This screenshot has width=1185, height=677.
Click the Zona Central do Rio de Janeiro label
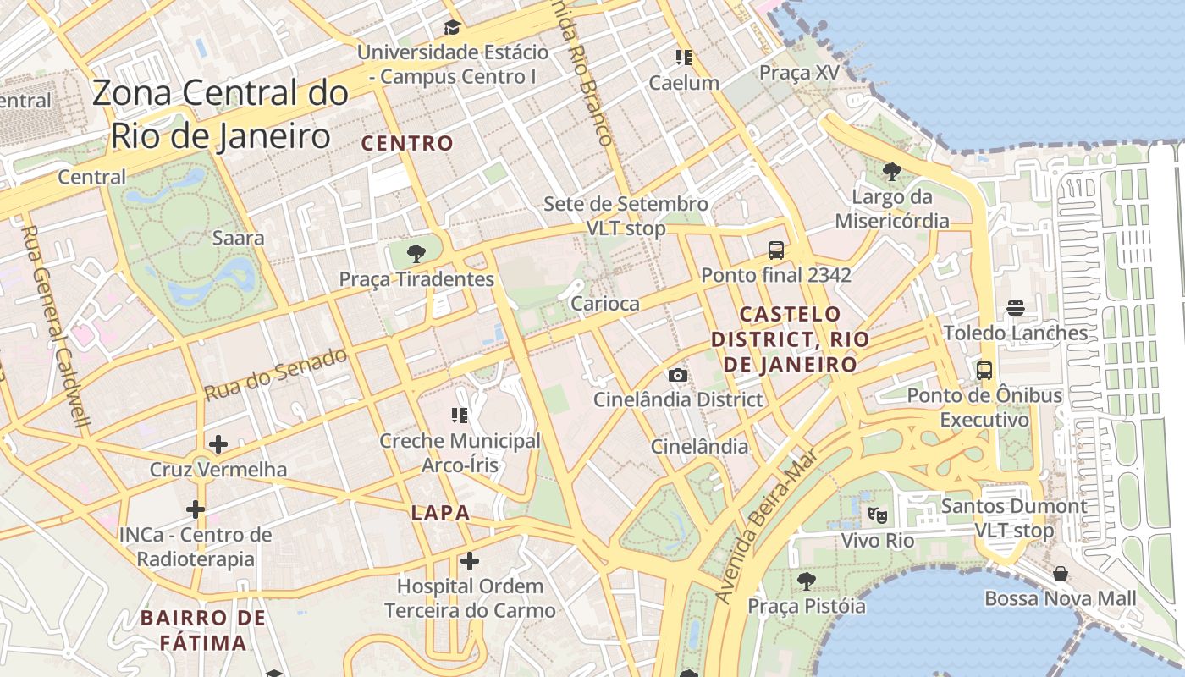point(220,114)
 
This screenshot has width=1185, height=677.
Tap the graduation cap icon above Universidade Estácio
point(452,27)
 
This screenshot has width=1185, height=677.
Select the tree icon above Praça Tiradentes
point(416,252)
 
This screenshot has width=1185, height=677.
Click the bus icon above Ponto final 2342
point(775,250)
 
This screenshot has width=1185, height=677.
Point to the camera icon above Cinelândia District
point(677,375)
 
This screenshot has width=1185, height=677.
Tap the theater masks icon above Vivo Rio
point(878,514)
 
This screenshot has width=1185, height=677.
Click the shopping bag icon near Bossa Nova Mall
point(1060,575)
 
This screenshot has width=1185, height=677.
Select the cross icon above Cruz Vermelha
point(218,443)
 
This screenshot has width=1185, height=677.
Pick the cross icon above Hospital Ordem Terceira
point(470,560)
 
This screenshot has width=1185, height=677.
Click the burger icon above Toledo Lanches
point(1015,308)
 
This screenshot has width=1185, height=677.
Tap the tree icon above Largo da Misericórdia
point(891,172)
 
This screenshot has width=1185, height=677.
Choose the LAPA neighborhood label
point(440,513)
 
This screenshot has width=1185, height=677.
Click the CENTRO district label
point(408,143)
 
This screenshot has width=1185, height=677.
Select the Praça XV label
point(799,73)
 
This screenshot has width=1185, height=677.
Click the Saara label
point(239,238)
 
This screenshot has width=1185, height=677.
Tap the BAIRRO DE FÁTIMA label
point(204,630)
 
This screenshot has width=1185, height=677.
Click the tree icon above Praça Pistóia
point(806,581)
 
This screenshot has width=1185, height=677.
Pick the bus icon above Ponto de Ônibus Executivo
point(984,370)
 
